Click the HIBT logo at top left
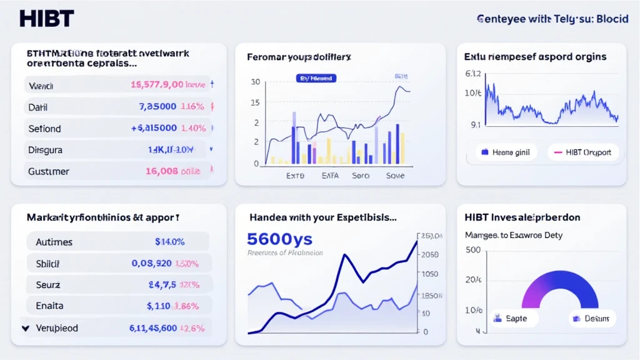tap(46, 18)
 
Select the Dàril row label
tap(38, 107)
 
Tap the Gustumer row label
tap(49, 171)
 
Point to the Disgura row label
tap(45, 150)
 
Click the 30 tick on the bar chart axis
tap(255, 82)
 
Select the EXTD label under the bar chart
tap(295, 176)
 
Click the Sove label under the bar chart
tap(396, 176)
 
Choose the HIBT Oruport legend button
tap(582, 152)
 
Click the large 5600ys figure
tap(279, 239)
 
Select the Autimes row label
tap(54, 242)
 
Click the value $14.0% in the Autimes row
tap(169, 242)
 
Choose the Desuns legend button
tap(592, 318)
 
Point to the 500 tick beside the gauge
tap(473, 249)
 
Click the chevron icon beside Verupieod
tap(25, 327)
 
